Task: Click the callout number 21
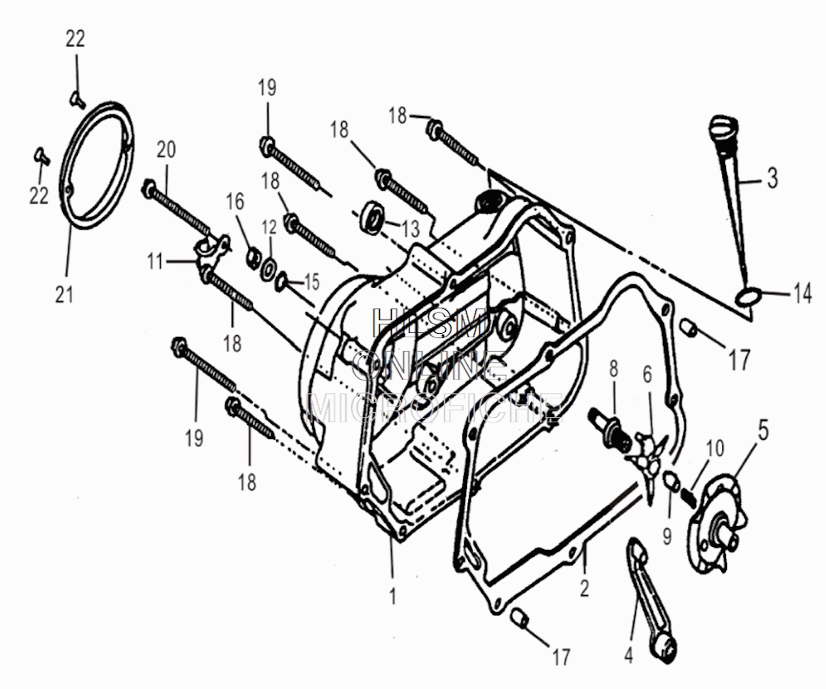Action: click(64, 295)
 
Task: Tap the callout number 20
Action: click(166, 150)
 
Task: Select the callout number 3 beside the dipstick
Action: click(772, 178)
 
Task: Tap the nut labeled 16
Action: click(252, 258)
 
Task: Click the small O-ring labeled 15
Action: click(281, 282)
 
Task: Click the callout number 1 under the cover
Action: click(392, 596)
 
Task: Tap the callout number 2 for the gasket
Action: click(585, 588)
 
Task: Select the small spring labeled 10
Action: click(688, 496)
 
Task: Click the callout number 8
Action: click(614, 369)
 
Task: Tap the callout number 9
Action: click(667, 536)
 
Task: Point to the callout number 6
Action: click(647, 375)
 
